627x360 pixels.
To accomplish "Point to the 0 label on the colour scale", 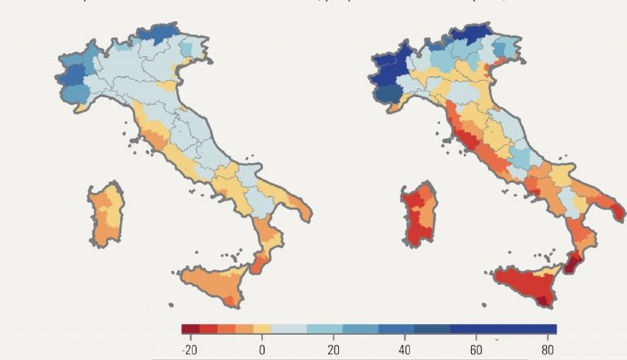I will click(262, 349).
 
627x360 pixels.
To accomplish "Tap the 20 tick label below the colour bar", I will click(333, 349).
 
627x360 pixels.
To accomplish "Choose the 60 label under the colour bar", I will click(476, 349).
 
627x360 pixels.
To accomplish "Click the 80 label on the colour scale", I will click(548, 349).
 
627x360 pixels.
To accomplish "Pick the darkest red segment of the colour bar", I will click(190, 329).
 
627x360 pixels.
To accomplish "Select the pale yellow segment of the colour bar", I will click(262, 329).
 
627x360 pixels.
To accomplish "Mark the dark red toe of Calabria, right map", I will click(572, 263).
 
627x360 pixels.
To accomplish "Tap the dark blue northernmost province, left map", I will click(163, 33).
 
